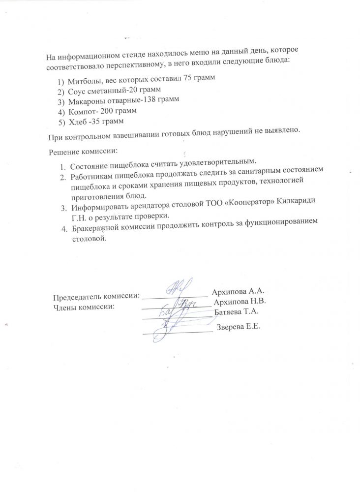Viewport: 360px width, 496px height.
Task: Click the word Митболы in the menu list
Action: click(x=83, y=80)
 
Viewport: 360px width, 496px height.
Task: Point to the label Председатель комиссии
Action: click(x=96, y=297)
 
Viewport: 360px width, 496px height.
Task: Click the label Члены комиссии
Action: click(x=83, y=307)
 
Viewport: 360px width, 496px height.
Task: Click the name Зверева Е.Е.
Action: click(x=239, y=327)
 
